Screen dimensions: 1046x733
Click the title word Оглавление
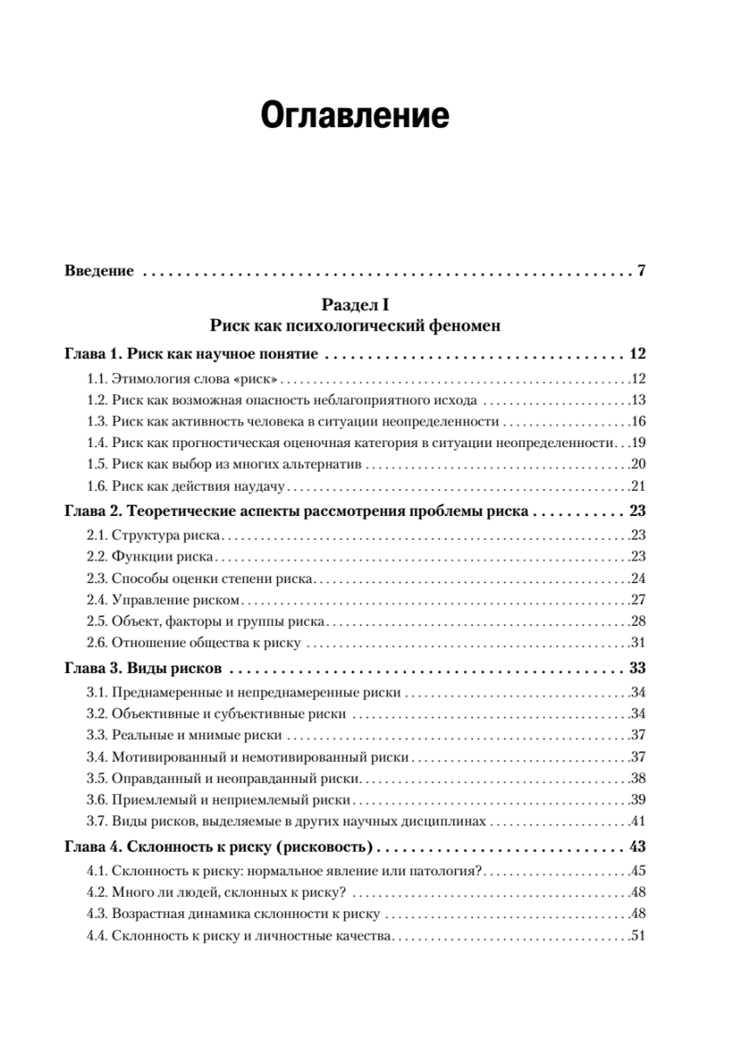coord(356,116)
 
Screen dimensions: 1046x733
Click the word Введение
coord(99,271)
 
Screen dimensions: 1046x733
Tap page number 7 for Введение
coord(641,271)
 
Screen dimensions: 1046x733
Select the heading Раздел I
coord(355,304)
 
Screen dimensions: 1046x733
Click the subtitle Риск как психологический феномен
coord(355,326)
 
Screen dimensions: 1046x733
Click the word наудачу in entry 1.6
coord(264,486)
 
